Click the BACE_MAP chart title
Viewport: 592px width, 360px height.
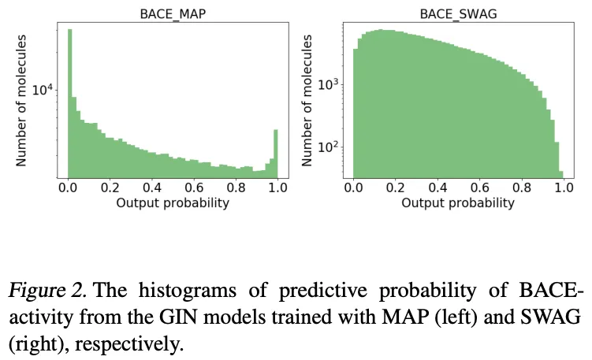point(172,13)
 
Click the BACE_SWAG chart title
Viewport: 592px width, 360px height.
point(457,13)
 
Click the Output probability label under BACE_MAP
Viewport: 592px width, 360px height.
point(172,203)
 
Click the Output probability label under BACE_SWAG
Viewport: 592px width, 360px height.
point(457,203)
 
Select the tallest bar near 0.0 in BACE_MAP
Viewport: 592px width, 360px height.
point(70,102)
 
